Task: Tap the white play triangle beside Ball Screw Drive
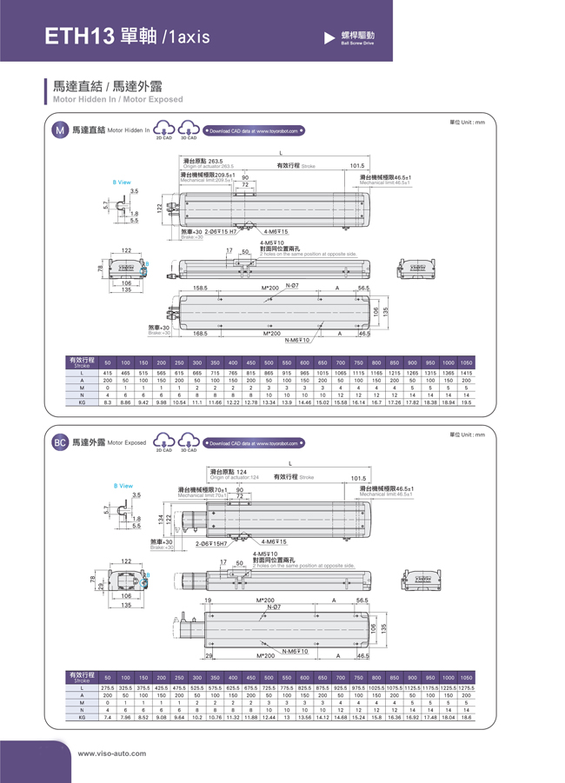coord(329,37)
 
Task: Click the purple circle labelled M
coord(59,130)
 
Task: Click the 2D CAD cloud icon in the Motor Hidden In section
coord(163,130)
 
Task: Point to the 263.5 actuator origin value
coord(216,162)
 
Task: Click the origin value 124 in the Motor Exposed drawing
coord(230,472)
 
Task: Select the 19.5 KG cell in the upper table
coord(466,402)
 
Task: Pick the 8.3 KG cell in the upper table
coord(107,402)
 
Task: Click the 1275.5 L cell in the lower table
coord(466,687)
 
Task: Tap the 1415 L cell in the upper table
coord(466,372)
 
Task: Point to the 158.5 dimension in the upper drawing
coord(200,287)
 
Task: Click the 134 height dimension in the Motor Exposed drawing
coord(160,518)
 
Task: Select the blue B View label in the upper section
coord(122,182)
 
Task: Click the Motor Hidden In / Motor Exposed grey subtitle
coord(118,100)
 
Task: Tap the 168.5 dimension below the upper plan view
coord(200,333)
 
